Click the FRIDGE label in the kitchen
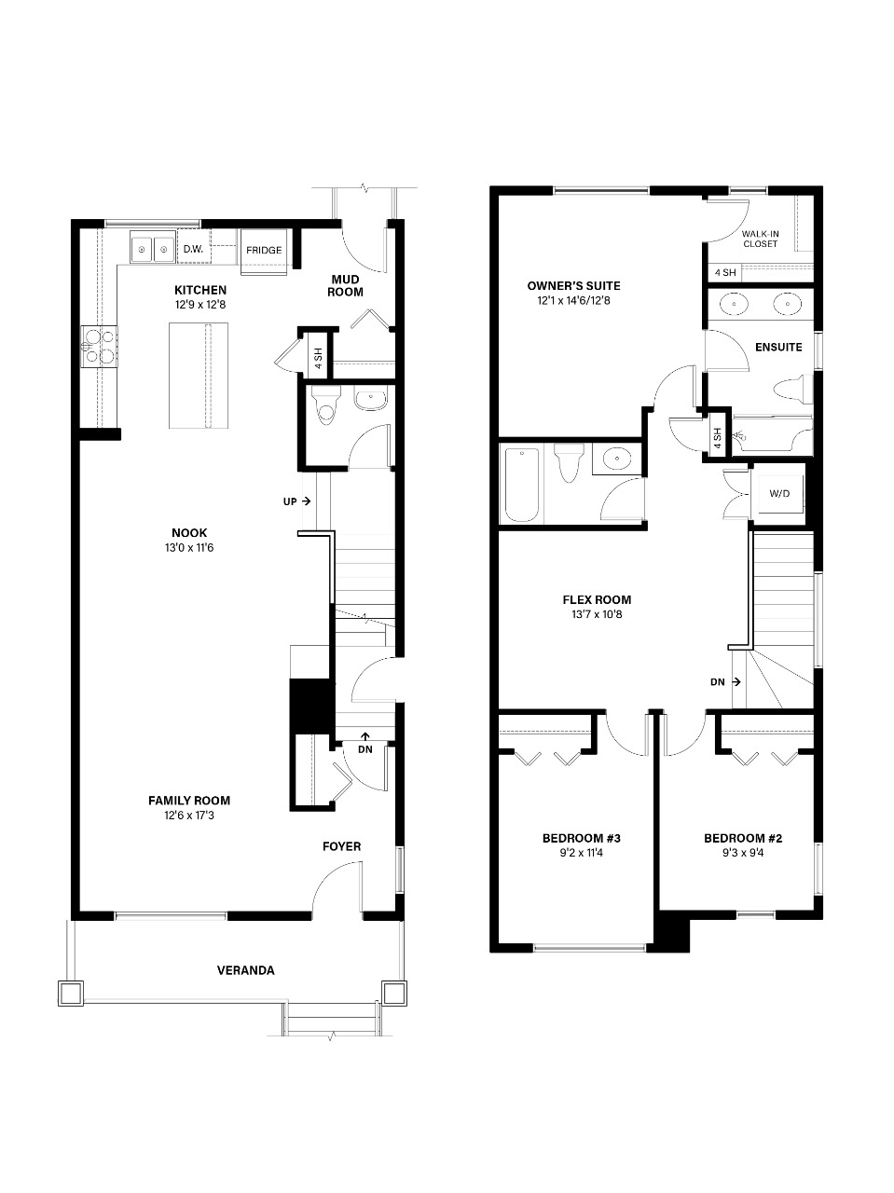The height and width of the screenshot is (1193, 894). point(264,250)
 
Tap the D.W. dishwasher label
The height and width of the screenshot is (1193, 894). point(193,249)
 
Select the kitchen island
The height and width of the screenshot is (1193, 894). point(199,375)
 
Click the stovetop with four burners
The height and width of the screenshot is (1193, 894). point(100,346)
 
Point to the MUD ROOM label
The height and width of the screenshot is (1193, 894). point(346,285)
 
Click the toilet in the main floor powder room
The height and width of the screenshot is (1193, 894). point(326,405)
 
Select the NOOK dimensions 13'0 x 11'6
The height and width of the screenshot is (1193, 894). point(189,547)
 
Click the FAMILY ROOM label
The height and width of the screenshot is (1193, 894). point(189,800)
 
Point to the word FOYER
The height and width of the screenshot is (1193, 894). point(342,846)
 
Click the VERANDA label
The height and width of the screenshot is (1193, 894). point(246,970)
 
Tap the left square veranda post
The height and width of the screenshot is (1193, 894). point(71,994)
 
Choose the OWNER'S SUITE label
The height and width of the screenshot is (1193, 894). point(573,285)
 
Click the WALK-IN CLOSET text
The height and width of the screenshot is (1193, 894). point(761,239)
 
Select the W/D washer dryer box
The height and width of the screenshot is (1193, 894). point(779,493)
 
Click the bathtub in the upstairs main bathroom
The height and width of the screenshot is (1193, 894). point(522,485)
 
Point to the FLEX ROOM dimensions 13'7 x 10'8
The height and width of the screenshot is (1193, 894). point(597,614)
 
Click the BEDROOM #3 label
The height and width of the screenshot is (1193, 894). point(582,838)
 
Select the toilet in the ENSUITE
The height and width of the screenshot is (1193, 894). point(792,390)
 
